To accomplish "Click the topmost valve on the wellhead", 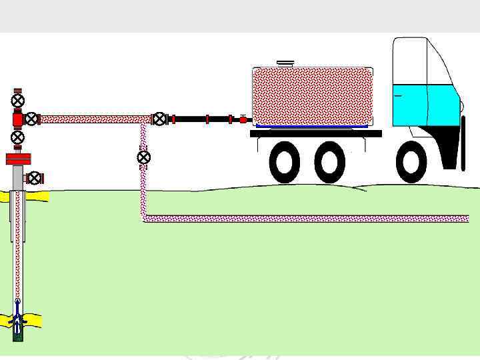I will click(18, 101).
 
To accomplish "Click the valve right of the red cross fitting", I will click(31, 119).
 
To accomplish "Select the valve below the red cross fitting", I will click(18, 137).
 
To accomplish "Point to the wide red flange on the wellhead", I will click(18, 159).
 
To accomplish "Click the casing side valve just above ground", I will click(34, 178).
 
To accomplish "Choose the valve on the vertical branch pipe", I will click(143, 157).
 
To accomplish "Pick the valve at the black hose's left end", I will click(160, 119).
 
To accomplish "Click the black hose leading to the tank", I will click(200, 119).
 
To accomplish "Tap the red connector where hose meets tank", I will click(243, 120).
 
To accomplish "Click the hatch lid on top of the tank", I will click(286, 63).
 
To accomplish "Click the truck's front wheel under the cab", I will click(411, 162).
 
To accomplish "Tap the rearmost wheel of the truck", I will click(285, 162).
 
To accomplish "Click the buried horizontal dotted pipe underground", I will click(307, 219).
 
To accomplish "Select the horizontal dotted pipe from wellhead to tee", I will click(93, 119).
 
